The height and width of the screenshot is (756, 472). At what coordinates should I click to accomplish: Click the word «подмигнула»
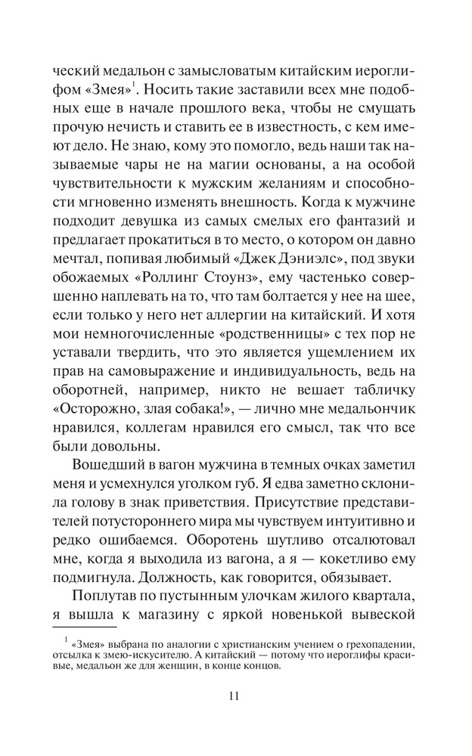(x=98, y=580)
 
